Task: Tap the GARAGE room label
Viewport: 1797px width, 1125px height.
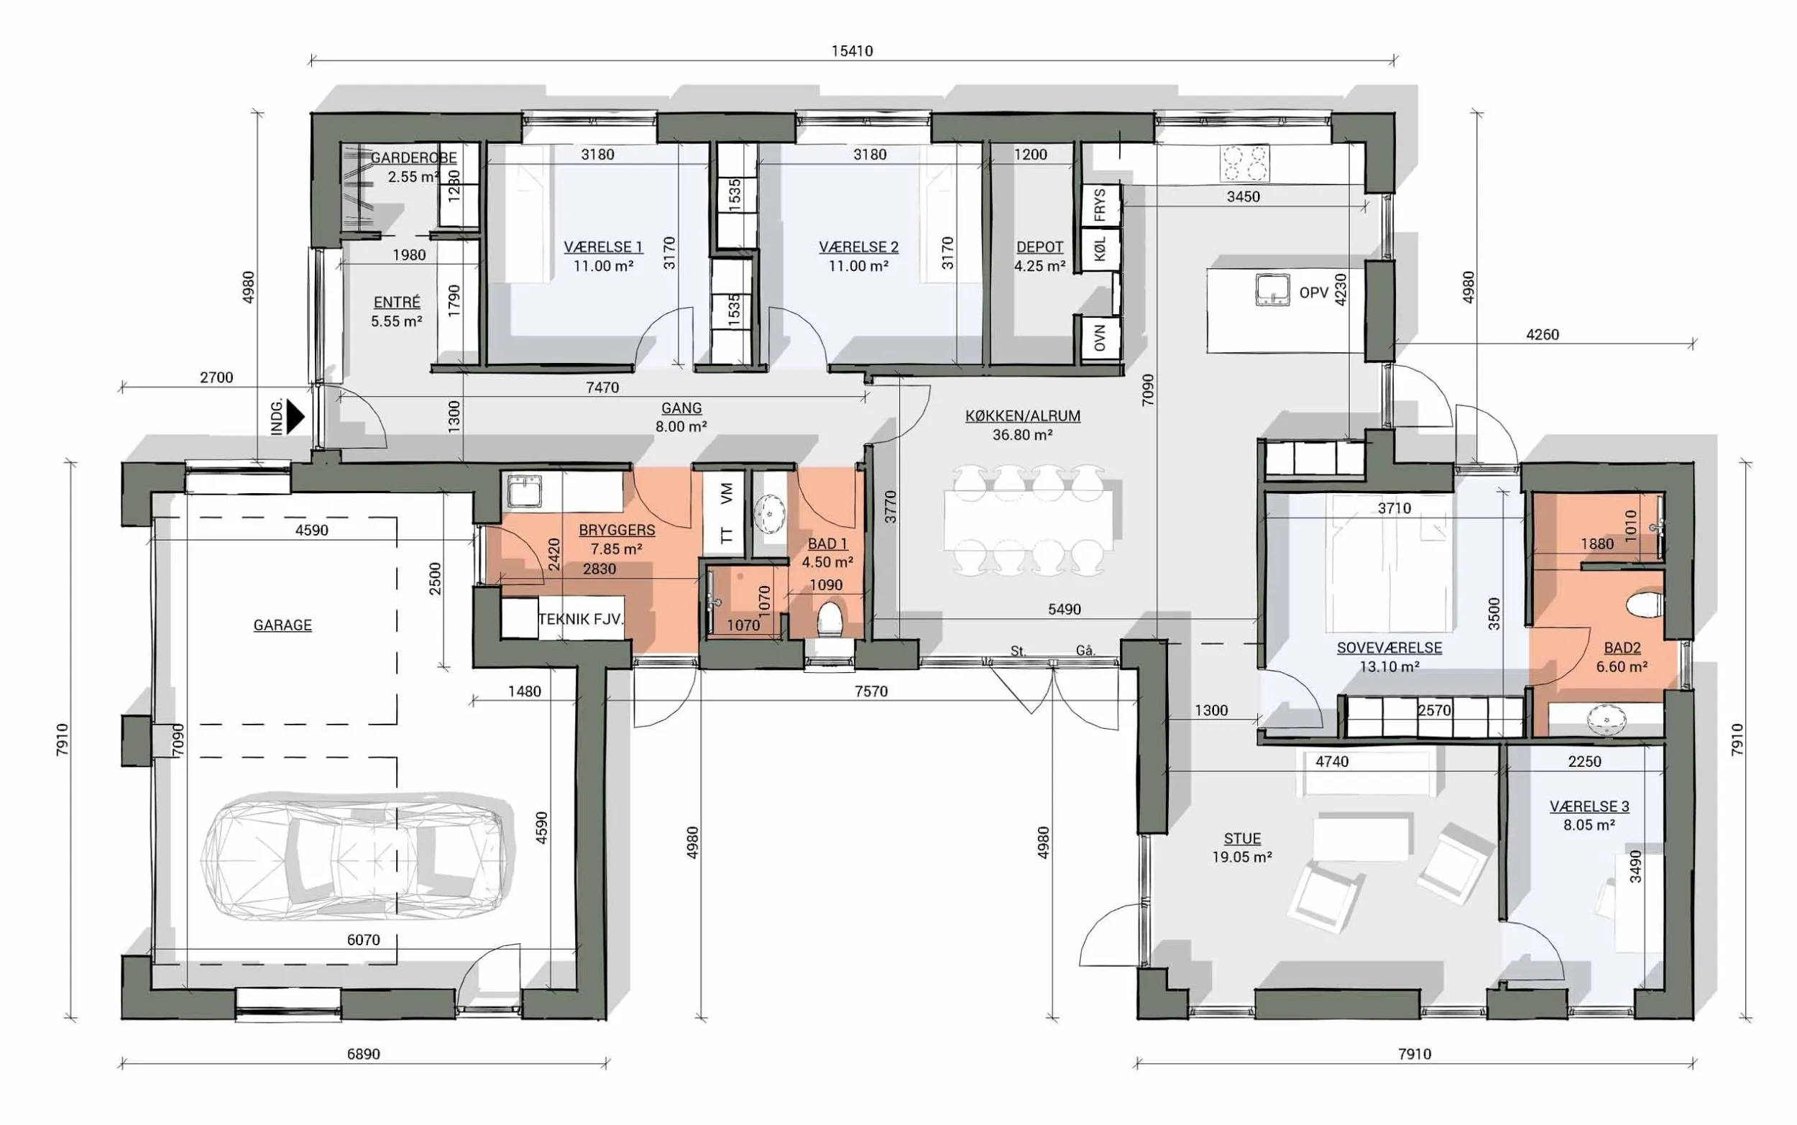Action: (x=282, y=625)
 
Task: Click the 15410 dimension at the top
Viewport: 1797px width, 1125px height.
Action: (x=852, y=50)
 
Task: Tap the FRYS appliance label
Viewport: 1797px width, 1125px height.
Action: (x=1100, y=205)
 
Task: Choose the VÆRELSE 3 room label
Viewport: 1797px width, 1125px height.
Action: (x=1589, y=807)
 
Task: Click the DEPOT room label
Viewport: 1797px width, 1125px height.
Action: (x=1040, y=247)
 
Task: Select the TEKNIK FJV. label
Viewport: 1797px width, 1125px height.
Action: (x=581, y=619)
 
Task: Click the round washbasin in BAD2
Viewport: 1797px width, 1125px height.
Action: (x=1607, y=720)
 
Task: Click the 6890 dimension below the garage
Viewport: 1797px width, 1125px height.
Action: (x=363, y=1054)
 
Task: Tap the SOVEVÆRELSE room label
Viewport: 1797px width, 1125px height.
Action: (x=1389, y=648)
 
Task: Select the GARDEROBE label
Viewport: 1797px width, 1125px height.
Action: (x=413, y=157)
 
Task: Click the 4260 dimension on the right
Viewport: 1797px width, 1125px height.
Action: (x=1542, y=335)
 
